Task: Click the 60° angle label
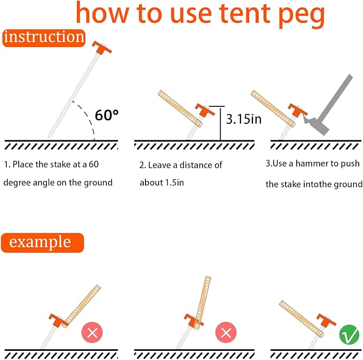(107, 115)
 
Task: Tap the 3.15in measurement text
(244, 119)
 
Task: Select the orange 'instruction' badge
(44, 38)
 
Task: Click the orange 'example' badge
(42, 242)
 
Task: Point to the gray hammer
(329, 106)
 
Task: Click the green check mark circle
(349, 334)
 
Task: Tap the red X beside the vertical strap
(226, 332)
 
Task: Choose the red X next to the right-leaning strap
(92, 332)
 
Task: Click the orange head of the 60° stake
(102, 48)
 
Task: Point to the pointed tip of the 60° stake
(49, 138)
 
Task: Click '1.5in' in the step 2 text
(174, 183)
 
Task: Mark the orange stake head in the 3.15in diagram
(205, 110)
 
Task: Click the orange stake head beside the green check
(326, 320)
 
